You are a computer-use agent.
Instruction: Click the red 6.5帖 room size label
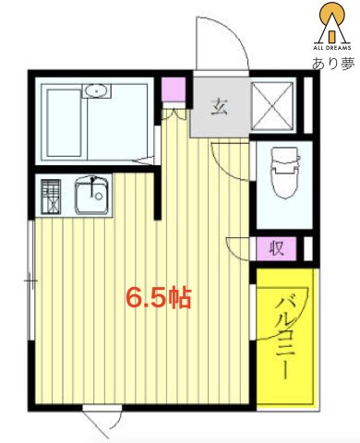tap(158, 299)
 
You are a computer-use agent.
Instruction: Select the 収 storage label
tap(277, 247)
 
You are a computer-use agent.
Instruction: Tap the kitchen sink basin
tap(90, 196)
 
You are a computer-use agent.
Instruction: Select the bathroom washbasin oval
tap(96, 91)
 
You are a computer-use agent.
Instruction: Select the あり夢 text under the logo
tap(331, 64)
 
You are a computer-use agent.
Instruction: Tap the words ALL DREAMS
tap(330, 45)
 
